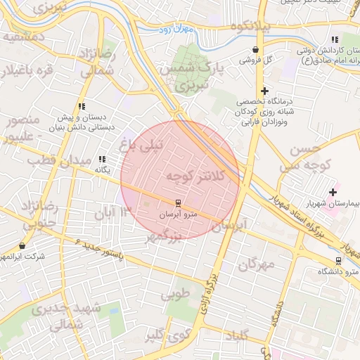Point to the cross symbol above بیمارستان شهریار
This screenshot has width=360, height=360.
pyautogui.click(x=333, y=192)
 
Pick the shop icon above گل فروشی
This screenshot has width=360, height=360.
pyautogui.click(x=255, y=50)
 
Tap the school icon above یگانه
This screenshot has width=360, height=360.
pyautogui.click(x=103, y=160)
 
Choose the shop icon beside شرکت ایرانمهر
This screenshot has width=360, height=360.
pyautogui.click(x=22, y=246)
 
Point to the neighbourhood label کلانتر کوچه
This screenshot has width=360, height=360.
pyautogui.click(x=198, y=176)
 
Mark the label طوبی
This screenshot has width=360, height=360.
pyautogui.click(x=176, y=295)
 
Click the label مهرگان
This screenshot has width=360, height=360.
pyautogui.click(x=255, y=264)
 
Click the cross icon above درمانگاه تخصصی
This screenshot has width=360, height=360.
pyautogui.click(x=264, y=91)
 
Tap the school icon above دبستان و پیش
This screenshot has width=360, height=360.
pyautogui.click(x=82, y=107)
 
